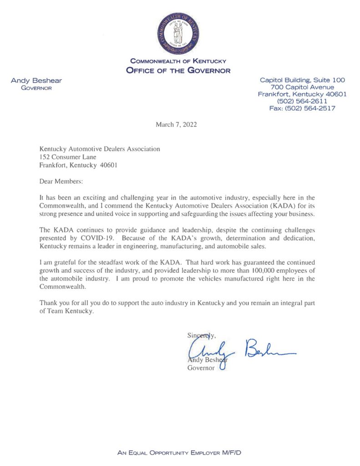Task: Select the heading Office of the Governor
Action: tap(178, 70)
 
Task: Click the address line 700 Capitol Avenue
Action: tap(302, 87)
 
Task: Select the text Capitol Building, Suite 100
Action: tap(302, 80)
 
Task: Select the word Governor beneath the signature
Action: tap(201, 368)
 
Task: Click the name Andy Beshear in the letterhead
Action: tap(36, 81)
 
